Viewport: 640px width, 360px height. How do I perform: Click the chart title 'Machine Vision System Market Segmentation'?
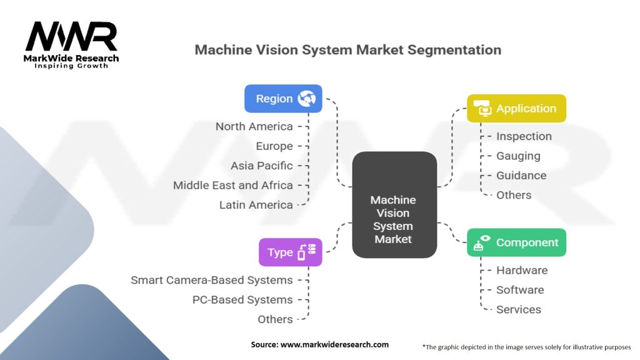point(347,50)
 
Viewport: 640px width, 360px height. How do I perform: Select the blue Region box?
point(283,99)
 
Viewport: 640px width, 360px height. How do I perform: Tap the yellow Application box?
point(516,108)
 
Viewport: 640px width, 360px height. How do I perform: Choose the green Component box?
point(516,242)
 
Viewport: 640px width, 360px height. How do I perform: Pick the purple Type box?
point(291,252)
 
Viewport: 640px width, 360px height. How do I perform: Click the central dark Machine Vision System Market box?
point(394,205)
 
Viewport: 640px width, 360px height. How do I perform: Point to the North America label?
point(254,126)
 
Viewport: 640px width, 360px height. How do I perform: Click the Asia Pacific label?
point(261,166)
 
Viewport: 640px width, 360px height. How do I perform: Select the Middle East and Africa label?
point(232,185)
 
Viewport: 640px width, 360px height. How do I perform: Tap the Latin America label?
point(256,204)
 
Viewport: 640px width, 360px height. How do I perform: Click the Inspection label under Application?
point(524,136)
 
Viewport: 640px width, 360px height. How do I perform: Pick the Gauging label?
point(518,156)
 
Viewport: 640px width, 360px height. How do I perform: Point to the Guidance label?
point(521,176)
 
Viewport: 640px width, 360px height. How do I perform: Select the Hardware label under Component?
point(522,270)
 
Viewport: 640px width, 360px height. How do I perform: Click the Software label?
point(520,289)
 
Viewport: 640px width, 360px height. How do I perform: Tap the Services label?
point(519,309)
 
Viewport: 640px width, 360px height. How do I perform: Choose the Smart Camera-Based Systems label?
point(211,280)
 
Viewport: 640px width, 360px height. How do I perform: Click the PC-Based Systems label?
point(242,299)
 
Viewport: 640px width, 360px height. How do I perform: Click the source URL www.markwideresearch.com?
point(335,344)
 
